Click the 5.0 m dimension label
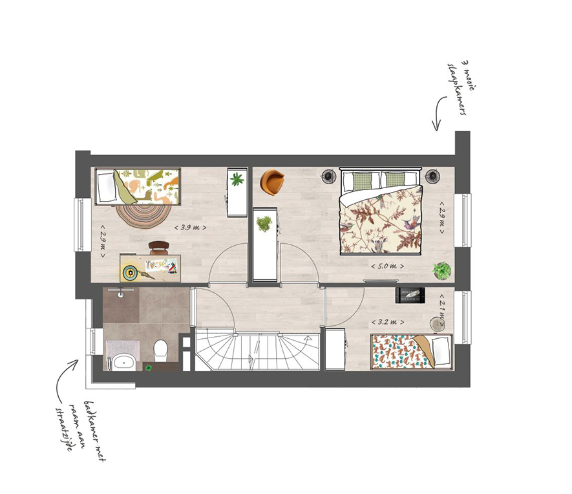point(387,266)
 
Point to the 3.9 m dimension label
point(190,228)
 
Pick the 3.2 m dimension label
point(388,322)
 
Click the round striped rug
point(144,213)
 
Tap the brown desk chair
point(159,248)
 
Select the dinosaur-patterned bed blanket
point(153,186)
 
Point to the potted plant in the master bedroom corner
point(442,270)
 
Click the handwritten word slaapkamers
point(457,89)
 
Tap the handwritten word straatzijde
point(63,429)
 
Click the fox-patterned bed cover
point(400,352)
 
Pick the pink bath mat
point(123,349)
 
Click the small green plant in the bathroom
point(149,368)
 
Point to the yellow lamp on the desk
point(130,272)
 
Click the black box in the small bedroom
point(410,295)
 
